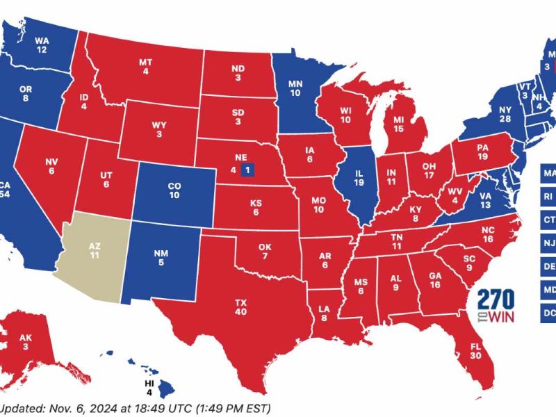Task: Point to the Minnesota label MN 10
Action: (x=295, y=86)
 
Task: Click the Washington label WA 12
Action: (x=42, y=45)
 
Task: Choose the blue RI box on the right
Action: (x=549, y=197)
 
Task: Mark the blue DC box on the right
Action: (x=549, y=313)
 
